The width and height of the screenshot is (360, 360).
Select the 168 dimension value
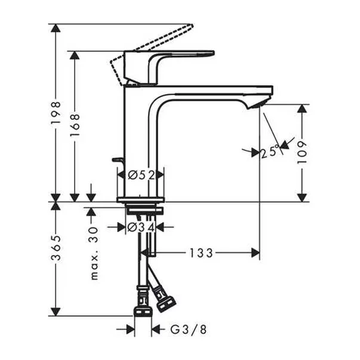click(75, 126)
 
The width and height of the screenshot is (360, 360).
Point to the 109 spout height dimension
click(303, 153)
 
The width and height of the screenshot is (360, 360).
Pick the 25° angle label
click(270, 152)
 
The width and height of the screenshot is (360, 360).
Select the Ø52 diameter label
click(142, 175)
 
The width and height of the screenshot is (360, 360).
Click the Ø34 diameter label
click(142, 227)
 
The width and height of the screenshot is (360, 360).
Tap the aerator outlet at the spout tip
click(256, 104)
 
